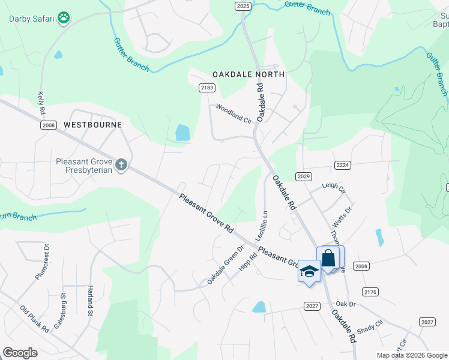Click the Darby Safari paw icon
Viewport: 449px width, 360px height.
64,19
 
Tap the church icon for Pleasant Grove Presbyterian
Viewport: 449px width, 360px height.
121,165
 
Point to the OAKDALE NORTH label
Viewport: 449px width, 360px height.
249,74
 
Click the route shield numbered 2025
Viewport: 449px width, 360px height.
243,5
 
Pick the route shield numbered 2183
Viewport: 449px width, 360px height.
206,88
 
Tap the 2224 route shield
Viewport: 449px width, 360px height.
342,165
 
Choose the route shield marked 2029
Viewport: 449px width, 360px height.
304,176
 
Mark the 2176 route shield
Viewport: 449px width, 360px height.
370,292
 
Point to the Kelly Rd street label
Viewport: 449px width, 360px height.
41,103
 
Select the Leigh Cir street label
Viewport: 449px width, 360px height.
334,189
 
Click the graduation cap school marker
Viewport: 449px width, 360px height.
309,271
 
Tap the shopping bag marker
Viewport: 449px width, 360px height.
329,259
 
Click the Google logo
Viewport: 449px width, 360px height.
20,353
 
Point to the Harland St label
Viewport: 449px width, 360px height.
91,300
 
